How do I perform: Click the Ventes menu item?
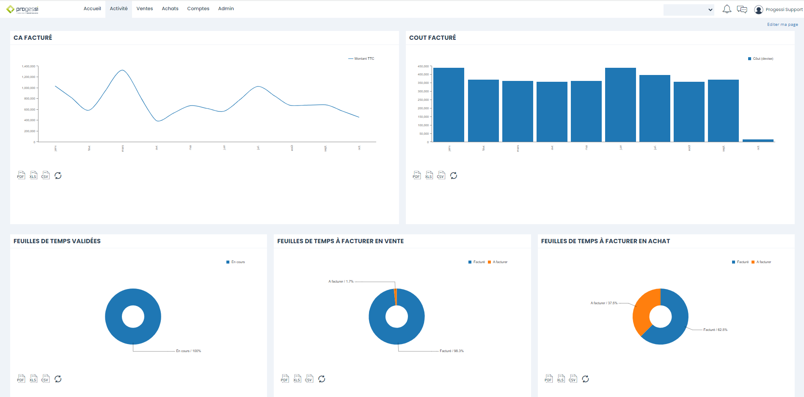(x=144, y=8)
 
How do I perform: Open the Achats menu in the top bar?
(x=170, y=8)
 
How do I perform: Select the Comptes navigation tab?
(x=198, y=8)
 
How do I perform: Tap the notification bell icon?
(x=727, y=9)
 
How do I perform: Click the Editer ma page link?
(x=782, y=25)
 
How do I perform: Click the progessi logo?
(x=23, y=9)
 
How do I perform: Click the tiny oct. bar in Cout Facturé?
(x=758, y=140)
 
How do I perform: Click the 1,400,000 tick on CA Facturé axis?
(x=29, y=67)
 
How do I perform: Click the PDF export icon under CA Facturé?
(x=21, y=175)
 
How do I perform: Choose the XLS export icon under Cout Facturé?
(x=429, y=175)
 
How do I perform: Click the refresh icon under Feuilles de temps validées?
(x=58, y=379)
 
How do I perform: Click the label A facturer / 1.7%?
(x=341, y=281)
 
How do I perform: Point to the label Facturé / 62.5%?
(x=715, y=330)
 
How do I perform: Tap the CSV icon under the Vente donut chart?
(x=309, y=379)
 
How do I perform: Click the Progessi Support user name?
(x=784, y=9)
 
